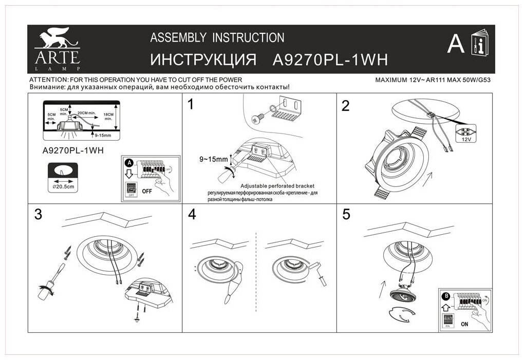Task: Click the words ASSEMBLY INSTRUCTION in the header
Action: [216, 37]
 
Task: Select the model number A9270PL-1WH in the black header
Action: [329, 60]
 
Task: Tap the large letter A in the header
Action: [455, 45]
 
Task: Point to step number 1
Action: [192, 106]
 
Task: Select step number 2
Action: [346, 106]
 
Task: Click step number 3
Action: [38, 215]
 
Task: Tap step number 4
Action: [192, 215]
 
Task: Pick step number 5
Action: [346, 215]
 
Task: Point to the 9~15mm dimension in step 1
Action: [214, 159]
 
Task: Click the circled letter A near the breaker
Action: [129, 162]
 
